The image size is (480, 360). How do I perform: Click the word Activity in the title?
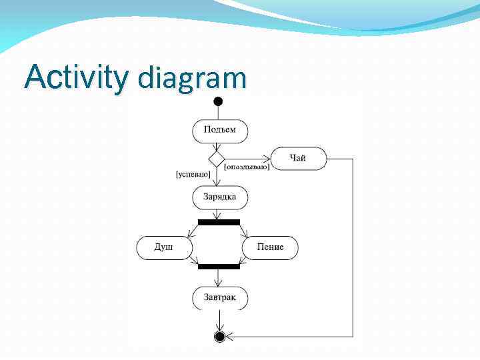point(75,78)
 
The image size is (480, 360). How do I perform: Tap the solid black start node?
point(218,102)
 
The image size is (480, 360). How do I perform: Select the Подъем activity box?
point(220,130)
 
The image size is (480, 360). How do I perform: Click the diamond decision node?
point(217,159)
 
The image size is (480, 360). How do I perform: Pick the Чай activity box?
point(298,159)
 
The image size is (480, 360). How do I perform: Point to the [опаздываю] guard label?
point(247,167)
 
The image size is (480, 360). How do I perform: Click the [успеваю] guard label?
point(193,175)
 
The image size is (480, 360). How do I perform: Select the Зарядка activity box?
point(220,197)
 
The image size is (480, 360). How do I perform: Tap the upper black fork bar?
point(219,222)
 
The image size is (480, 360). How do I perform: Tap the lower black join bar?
point(219,266)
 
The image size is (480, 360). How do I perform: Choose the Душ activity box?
point(164,247)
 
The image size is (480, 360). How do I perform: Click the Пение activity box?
point(270,247)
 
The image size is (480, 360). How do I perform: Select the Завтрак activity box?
point(220,297)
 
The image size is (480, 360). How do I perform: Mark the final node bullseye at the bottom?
point(219,336)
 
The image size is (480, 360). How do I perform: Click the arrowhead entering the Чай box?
point(267,159)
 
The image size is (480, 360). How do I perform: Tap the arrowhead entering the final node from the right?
point(229,336)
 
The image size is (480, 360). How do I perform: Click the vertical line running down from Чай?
point(353,247)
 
